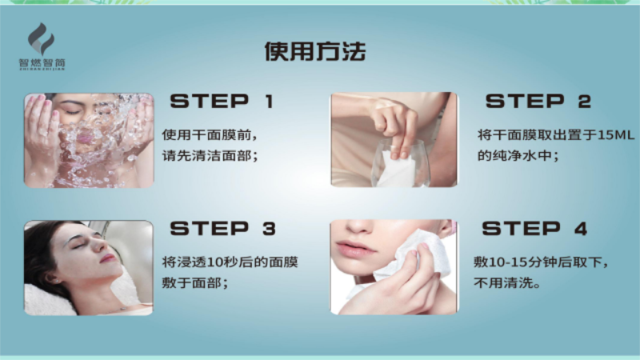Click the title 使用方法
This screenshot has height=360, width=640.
tap(314, 51)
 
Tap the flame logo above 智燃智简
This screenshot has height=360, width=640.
tap(41, 38)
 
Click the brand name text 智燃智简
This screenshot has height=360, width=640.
tap(42, 63)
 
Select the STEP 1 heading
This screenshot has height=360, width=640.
tap(222, 102)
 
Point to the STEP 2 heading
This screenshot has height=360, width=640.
tap(538, 102)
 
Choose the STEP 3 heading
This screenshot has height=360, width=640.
tap(223, 229)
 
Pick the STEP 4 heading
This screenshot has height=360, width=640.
tap(534, 229)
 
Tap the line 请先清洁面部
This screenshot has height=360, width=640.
tap(210, 155)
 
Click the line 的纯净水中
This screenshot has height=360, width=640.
tap(518, 155)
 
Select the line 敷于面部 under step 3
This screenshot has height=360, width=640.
tap(194, 282)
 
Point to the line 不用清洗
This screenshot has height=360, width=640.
tap(507, 282)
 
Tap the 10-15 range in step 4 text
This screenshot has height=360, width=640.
tap(507, 262)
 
